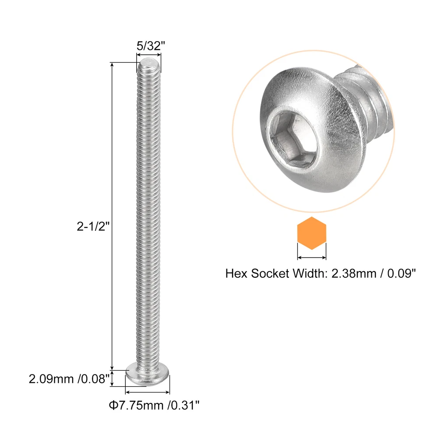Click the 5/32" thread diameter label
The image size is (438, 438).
(x=151, y=46)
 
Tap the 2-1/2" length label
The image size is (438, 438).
(x=93, y=226)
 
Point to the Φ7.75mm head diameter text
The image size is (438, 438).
(x=136, y=405)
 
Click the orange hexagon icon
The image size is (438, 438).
(x=312, y=233)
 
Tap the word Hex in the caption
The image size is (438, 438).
(x=237, y=273)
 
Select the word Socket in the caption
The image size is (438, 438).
(x=270, y=273)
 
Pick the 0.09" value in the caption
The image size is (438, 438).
(x=402, y=273)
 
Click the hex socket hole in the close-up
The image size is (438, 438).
(x=293, y=138)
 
